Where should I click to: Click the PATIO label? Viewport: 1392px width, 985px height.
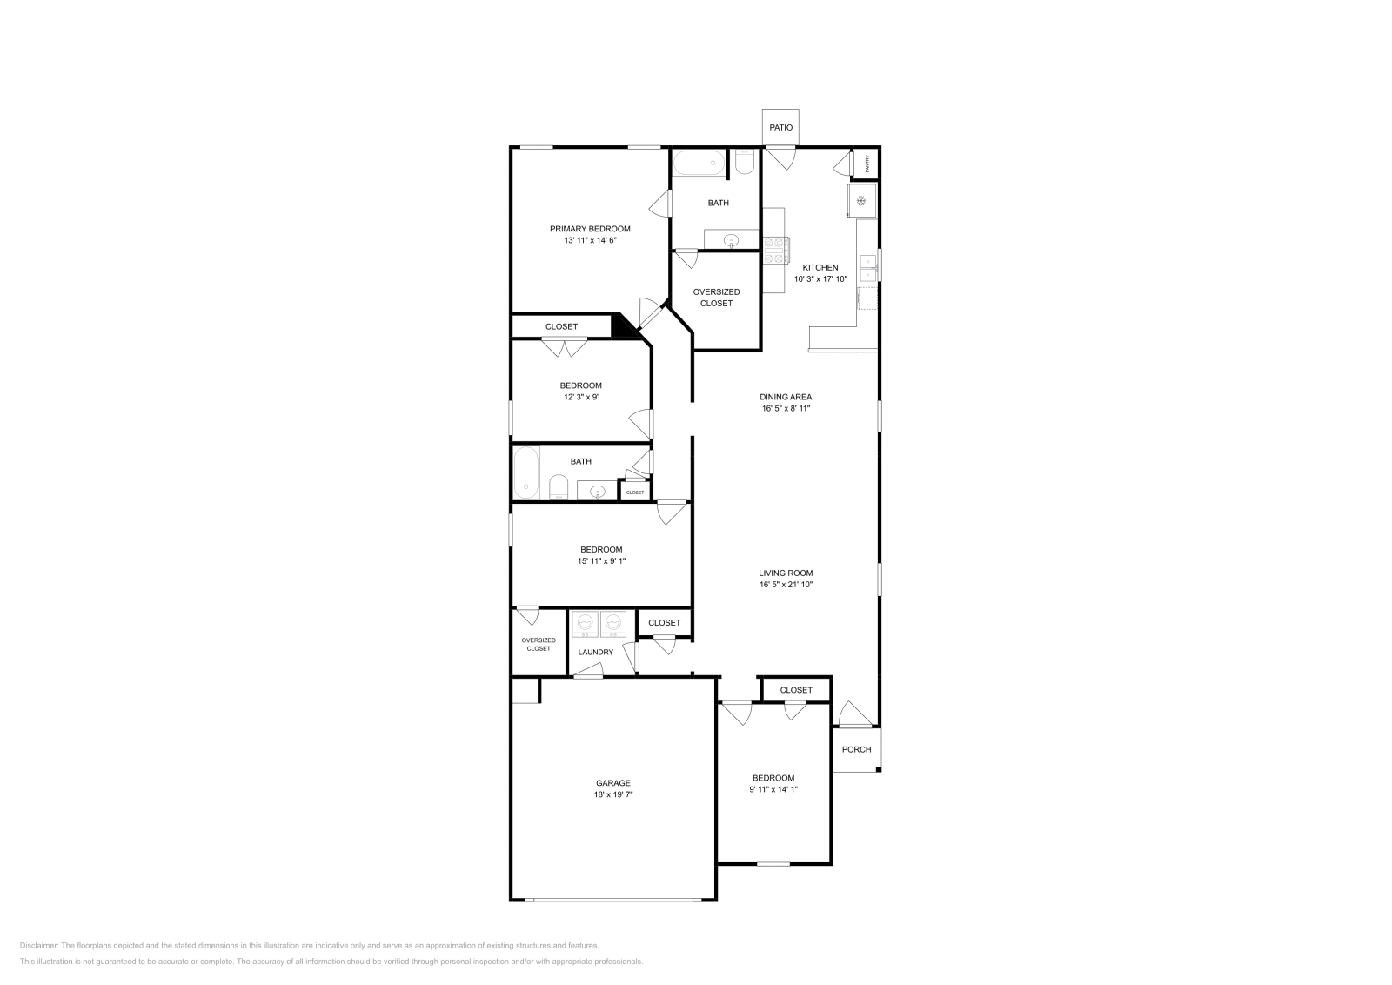click(x=780, y=128)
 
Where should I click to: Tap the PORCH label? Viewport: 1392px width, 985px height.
click(x=856, y=749)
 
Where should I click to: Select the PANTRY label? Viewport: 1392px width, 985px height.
click(x=867, y=164)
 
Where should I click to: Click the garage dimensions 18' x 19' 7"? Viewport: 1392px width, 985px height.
click(x=613, y=794)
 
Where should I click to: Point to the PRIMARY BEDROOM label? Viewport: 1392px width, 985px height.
click(x=590, y=229)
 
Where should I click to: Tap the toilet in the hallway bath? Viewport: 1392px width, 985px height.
click(x=559, y=487)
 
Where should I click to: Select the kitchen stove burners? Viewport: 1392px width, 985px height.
click(x=775, y=251)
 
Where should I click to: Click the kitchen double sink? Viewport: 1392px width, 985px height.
click(x=867, y=268)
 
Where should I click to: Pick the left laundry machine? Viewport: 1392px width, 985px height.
click(x=585, y=623)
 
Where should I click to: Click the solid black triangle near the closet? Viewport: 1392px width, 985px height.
click(x=623, y=326)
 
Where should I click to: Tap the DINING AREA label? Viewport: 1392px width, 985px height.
click(x=786, y=397)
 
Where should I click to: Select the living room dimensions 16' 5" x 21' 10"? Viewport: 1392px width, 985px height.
click(x=786, y=585)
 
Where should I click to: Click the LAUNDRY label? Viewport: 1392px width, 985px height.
click(x=596, y=652)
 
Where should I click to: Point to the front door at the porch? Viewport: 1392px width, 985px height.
click(x=854, y=714)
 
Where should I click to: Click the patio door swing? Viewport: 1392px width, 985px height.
click(x=781, y=158)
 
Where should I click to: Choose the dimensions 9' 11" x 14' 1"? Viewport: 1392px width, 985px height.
click(x=773, y=789)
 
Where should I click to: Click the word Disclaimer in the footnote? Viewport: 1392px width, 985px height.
click(x=38, y=945)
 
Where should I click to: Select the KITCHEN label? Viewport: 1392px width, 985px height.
click(x=820, y=267)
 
